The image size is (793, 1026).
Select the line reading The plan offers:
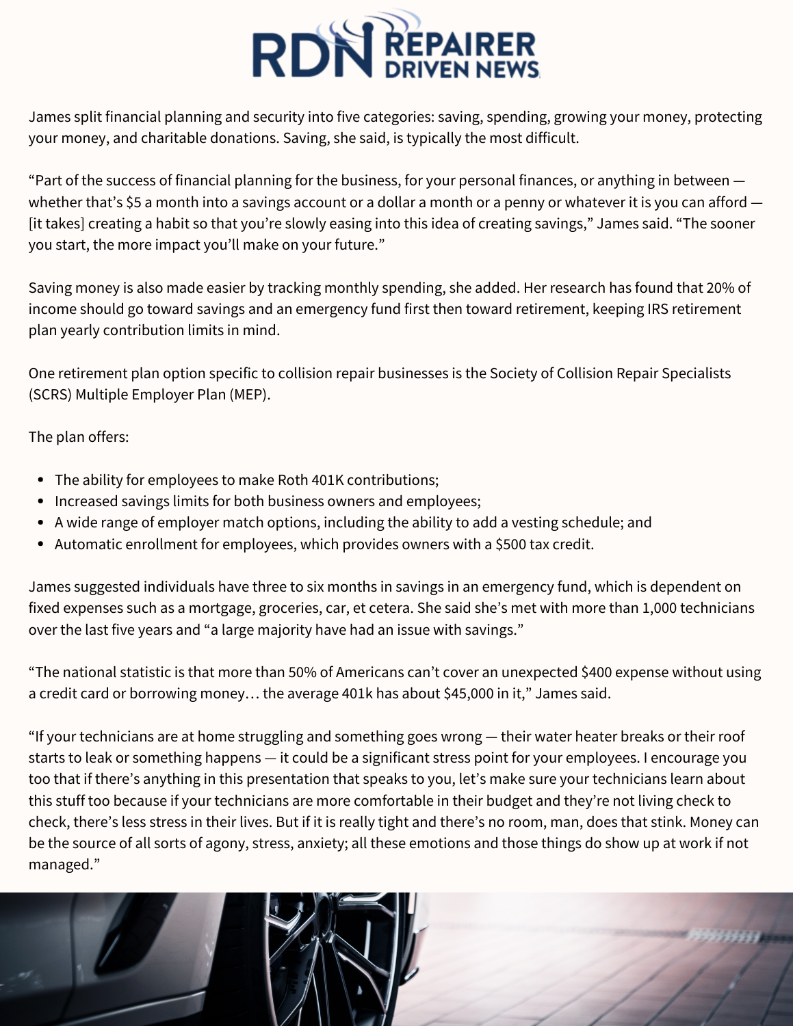(79, 437)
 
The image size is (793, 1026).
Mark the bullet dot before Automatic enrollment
(41, 544)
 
